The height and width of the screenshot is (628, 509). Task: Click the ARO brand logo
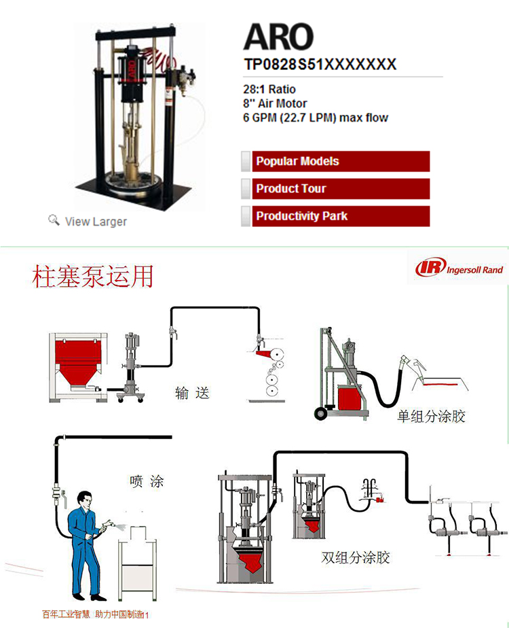pyautogui.click(x=278, y=38)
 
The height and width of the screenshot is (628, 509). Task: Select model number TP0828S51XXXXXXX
pyautogui.click(x=320, y=65)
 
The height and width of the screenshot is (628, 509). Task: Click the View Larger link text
pyautogui.click(x=96, y=222)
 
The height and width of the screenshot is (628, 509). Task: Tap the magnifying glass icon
pyautogui.click(x=54, y=220)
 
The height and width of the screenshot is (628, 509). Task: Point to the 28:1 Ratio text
pyautogui.click(x=269, y=89)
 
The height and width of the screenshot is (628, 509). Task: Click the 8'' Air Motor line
pyautogui.click(x=275, y=103)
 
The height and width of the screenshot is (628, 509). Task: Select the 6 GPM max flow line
pyautogui.click(x=316, y=118)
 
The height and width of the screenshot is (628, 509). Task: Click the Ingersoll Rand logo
pyautogui.click(x=460, y=269)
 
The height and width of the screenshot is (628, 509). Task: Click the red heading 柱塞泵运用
pyautogui.click(x=94, y=277)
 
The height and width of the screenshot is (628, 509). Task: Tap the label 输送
pyautogui.click(x=192, y=393)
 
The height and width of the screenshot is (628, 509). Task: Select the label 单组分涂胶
pyautogui.click(x=431, y=416)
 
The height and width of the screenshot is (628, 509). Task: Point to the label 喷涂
pyautogui.click(x=147, y=482)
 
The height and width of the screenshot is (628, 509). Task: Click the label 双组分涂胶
pyautogui.click(x=356, y=558)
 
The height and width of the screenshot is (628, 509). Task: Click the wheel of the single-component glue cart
pyautogui.click(x=318, y=414)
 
